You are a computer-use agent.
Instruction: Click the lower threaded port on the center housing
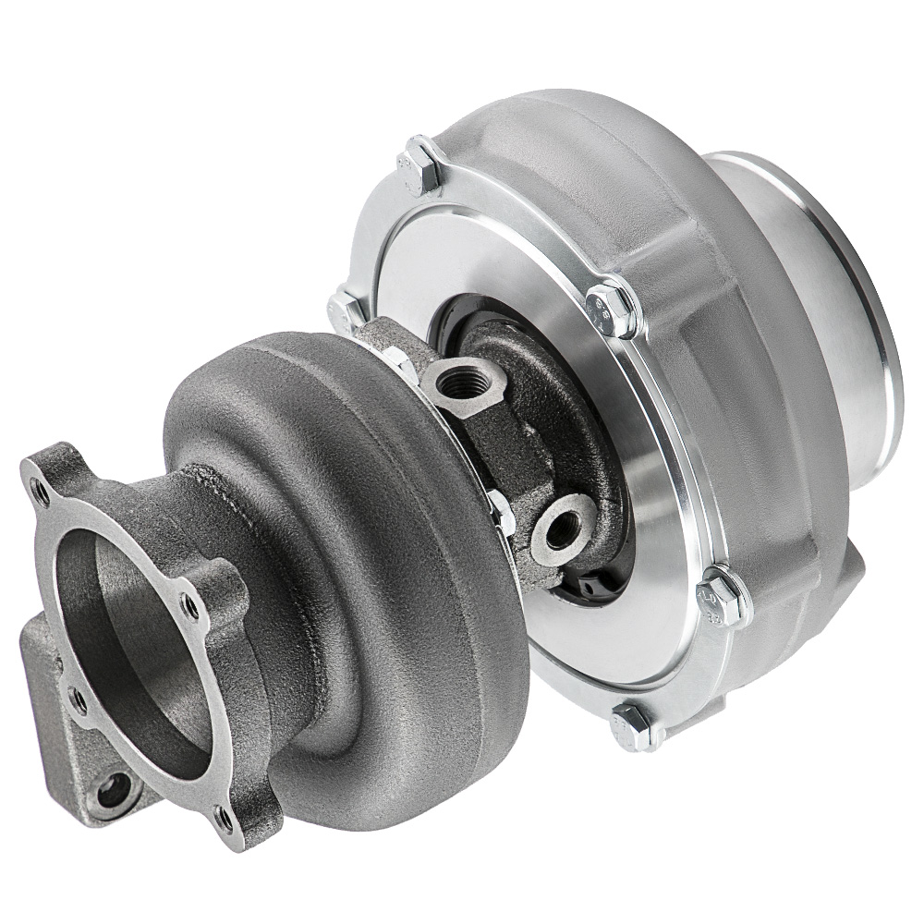tap(564, 523)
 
